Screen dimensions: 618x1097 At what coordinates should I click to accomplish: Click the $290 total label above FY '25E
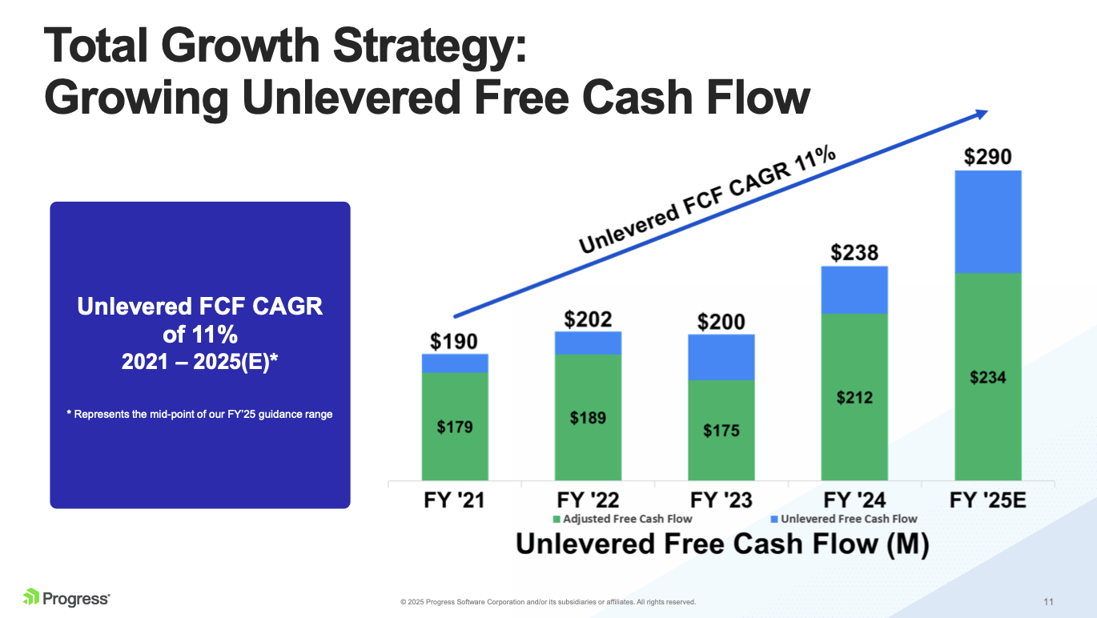tap(987, 156)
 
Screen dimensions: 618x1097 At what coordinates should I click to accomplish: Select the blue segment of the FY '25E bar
tap(987, 222)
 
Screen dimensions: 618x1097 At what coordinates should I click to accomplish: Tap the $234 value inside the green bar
tap(987, 378)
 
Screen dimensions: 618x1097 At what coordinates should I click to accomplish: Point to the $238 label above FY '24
tap(854, 253)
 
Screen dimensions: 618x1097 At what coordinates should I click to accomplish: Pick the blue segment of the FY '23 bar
tap(721, 357)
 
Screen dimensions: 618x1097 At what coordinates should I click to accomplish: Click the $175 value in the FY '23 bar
tap(721, 431)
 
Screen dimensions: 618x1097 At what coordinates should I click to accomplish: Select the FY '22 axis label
tap(588, 500)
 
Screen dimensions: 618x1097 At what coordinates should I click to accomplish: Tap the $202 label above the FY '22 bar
tap(588, 319)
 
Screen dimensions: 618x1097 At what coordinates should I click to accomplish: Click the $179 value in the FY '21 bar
tap(455, 427)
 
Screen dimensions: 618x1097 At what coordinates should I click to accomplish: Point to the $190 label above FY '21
tap(455, 341)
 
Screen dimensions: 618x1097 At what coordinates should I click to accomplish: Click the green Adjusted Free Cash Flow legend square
tap(557, 519)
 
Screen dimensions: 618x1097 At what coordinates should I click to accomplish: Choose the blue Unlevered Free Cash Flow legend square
tap(774, 519)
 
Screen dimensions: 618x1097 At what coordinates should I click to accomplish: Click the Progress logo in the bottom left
tap(66, 597)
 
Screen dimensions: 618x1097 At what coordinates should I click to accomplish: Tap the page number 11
tap(1048, 601)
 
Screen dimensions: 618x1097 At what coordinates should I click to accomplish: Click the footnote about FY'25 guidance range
tap(199, 414)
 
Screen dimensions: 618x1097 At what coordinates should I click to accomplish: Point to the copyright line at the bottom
tap(548, 602)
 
